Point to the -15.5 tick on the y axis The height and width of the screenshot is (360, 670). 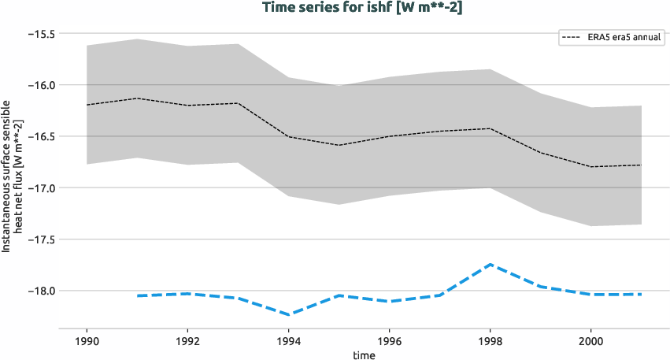pyautogui.click(x=39, y=34)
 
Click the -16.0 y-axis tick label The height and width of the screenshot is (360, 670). pyautogui.click(x=39, y=85)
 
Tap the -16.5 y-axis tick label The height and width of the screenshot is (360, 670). pyautogui.click(x=39, y=136)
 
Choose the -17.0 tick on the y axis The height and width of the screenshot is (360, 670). pyautogui.click(x=39, y=187)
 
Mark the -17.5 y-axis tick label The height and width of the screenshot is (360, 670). pyautogui.click(x=39, y=239)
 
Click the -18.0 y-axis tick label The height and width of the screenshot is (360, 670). pyautogui.click(x=39, y=291)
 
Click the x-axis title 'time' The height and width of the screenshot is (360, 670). pyautogui.click(x=364, y=354)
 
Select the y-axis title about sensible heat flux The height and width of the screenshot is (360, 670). pyautogui.click(x=12, y=175)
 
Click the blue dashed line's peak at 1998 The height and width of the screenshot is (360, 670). pyautogui.click(x=490, y=265)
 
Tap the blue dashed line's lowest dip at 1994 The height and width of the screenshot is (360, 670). pyautogui.click(x=288, y=314)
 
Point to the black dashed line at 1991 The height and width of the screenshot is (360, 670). pyautogui.click(x=137, y=98)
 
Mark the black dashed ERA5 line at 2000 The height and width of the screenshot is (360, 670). pyautogui.click(x=591, y=167)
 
